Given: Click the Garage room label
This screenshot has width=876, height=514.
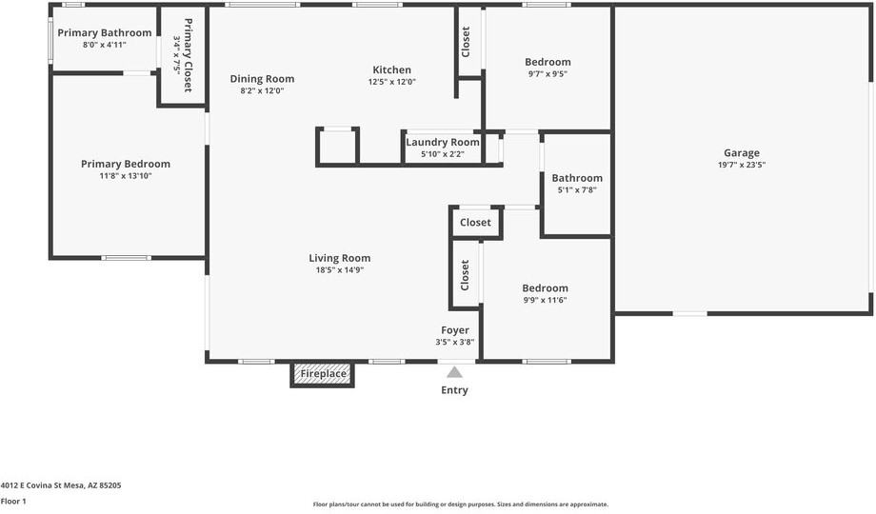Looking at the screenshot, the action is (742, 152).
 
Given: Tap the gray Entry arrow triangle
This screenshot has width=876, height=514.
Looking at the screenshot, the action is (454, 372).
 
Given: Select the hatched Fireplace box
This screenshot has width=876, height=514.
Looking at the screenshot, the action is (323, 374).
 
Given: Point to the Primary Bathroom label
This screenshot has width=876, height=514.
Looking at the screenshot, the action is (105, 33).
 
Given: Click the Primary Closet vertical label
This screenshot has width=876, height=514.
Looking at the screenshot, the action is (188, 55).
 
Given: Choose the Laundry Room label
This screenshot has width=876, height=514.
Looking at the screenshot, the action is (443, 142).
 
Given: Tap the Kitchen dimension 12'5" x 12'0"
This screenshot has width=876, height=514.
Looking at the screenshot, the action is (391, 82).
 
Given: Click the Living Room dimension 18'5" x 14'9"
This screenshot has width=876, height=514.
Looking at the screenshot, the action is (340, 270).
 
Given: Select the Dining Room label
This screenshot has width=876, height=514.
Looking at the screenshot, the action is (262, 79).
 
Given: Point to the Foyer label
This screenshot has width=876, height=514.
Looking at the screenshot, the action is (455, 330).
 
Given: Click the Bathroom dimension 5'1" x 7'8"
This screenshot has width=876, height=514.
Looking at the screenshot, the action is (577, 190).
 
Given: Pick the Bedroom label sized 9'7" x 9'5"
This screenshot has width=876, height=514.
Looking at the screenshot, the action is (547, 62).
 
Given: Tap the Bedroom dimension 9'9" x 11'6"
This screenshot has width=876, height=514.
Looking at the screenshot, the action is (545, 300).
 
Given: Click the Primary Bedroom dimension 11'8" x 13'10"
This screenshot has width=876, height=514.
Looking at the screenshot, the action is (126, 176).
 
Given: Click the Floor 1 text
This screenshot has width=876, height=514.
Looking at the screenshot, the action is (13, 501).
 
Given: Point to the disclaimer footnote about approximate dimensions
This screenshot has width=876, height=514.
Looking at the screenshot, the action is (460, 504).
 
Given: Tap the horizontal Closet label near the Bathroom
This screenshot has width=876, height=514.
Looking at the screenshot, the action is (475, 223).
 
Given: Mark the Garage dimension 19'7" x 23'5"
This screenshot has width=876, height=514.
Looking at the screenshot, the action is (742, 165).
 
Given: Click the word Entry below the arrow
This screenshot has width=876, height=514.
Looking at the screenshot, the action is (454, 390).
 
